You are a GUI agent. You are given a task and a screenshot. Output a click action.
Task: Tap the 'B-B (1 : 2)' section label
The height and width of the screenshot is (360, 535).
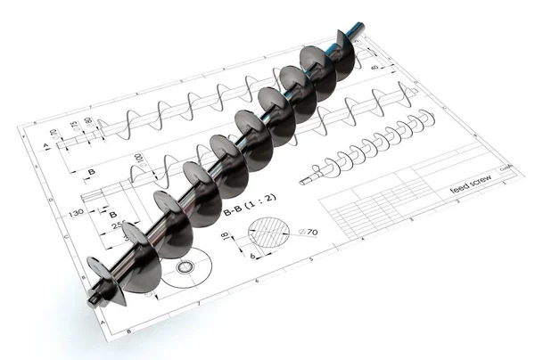click(242, 213)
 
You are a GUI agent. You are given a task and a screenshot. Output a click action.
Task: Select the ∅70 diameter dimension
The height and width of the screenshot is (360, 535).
click(309, 232)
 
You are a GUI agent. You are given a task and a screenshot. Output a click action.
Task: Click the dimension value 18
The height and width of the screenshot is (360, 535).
click(225, 236)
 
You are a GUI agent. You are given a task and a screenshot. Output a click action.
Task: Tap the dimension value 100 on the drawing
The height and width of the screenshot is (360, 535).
click(138, 160)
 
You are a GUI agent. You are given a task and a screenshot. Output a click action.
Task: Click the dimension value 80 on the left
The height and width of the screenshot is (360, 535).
click(87, 121)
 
